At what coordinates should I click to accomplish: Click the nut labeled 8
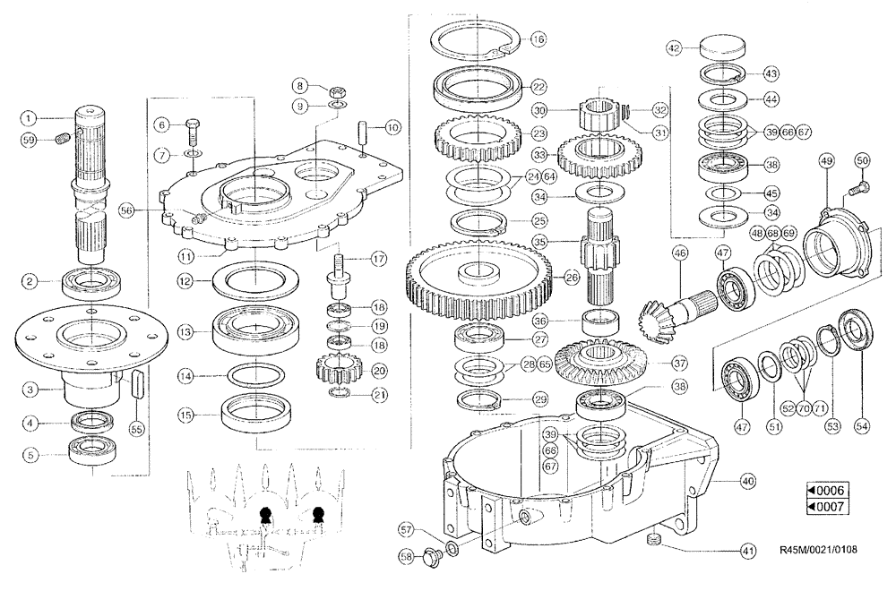click(339, 90)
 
